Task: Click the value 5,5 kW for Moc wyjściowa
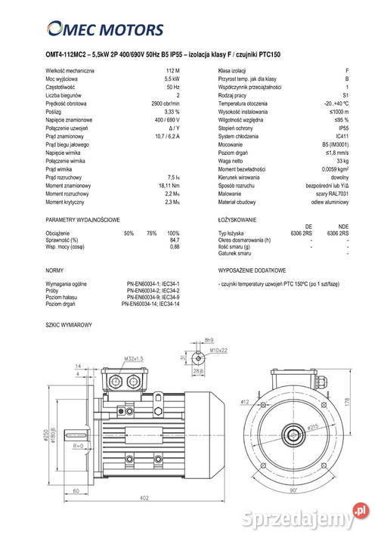click(x=171, y=79)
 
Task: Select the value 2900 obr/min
click(x=165, y=104)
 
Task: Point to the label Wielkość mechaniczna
click(x=70, y=70)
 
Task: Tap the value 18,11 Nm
click(x=169, y=186)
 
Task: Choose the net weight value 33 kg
click(x=342, y=161)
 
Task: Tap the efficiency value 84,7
click(x=174, y=240)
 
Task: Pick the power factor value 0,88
click(x=174, y=247)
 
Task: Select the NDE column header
click(x=343, y=227)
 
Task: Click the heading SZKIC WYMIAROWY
click(x=69, y=324)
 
